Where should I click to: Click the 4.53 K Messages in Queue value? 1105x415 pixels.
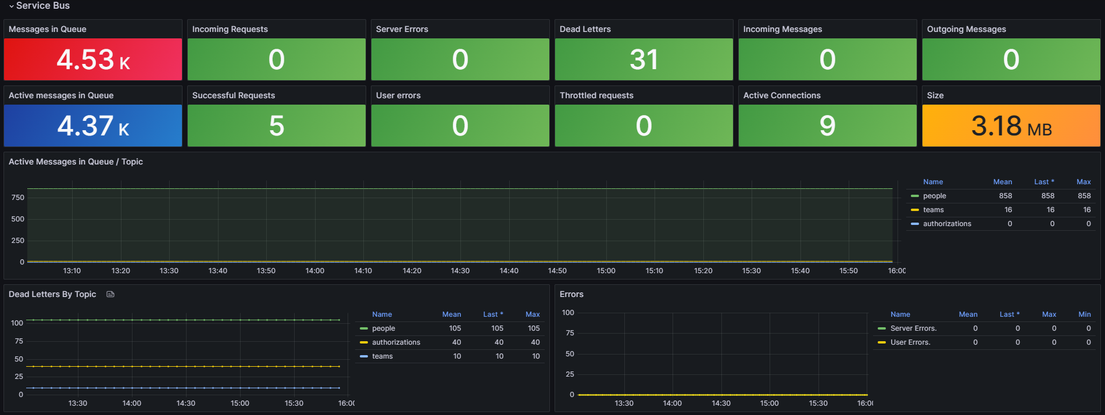click(93, 60)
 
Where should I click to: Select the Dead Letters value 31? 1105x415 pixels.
click(643, 60)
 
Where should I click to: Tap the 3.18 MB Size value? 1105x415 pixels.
click(1011, 126)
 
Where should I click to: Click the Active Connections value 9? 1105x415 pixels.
click(827, 126)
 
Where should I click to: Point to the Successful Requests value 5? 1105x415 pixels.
click(276, 126)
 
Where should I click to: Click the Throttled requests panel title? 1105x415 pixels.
click(596, 95)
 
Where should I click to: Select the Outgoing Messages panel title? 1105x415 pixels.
click(966, 29)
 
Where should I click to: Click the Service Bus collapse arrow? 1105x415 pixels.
click(11, 6)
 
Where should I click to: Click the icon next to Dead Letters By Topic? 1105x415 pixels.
click(110, 295)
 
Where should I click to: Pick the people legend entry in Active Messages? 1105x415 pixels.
click(934, 196)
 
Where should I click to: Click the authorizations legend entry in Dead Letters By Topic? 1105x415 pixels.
click(396, 342)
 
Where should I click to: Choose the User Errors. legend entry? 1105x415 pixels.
click(910, 342)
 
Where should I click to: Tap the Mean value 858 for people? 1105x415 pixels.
click(1005, 196)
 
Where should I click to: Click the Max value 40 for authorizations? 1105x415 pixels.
click(535, 342)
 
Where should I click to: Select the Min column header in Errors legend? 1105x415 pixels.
click(1084, 314)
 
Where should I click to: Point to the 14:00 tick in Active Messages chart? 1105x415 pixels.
click(314, 271)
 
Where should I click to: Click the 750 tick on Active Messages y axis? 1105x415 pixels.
click(18, 198)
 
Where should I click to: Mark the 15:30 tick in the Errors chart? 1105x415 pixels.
click(818, 403)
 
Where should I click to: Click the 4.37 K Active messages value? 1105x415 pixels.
click(93, 126)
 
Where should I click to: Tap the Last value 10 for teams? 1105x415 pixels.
click(499, 356)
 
